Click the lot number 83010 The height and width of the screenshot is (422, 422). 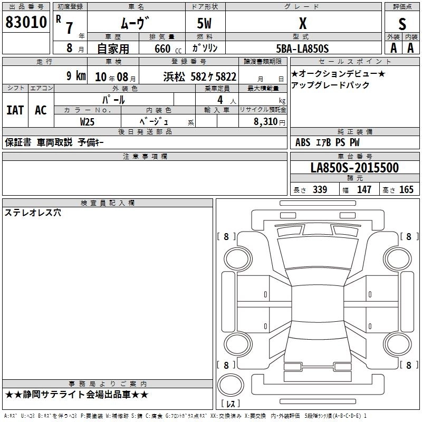[26, 22]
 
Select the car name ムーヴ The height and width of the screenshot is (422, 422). [135, 23]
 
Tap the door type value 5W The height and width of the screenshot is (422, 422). [205, 23]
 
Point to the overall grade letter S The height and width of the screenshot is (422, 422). [402, 23]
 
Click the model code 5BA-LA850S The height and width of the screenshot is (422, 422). [302, 49]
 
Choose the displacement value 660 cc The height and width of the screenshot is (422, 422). [162, 49]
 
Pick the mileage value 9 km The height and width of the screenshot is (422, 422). [76, 76]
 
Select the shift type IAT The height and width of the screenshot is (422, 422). [15, 110]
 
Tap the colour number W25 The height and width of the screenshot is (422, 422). [88, 121]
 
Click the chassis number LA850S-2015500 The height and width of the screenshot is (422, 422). [354, 168]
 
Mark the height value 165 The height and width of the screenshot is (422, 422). [406, 190]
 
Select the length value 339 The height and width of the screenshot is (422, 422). [320, 190]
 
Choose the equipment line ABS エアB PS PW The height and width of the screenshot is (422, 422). [328, 142]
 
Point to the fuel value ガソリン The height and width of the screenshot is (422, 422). [205, 49]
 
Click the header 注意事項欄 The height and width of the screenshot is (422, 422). [145, 157]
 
